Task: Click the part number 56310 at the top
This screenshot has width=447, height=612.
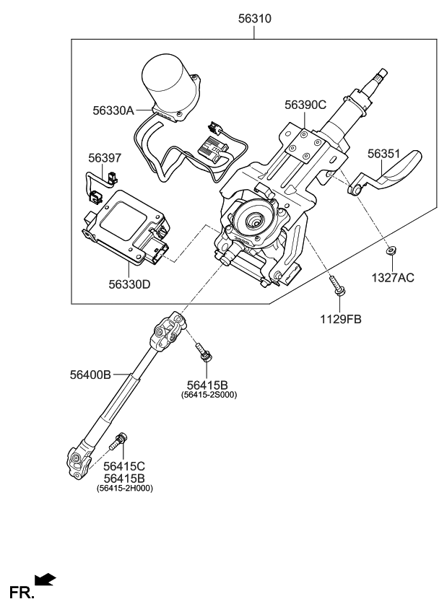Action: [x=254, y=19]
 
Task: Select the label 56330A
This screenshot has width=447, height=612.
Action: [x=113, y=110]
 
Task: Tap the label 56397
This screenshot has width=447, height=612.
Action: [x=105, y=157]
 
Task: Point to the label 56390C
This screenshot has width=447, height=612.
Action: [x=305, y=105]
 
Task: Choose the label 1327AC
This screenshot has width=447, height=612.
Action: [x=394, y=277]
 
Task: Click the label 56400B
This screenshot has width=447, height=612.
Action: [x=90, y=375]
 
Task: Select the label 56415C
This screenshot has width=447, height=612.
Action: [x=124, y=466]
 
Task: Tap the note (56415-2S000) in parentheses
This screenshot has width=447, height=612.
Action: [x=209, y=395]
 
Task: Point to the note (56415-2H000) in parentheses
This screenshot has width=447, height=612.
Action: [x=125, y=489]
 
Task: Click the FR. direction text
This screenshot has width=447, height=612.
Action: [x=21, y=593]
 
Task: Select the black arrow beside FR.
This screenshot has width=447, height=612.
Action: [x=45, y=578]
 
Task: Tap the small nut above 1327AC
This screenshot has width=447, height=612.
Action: [x=390, y=251]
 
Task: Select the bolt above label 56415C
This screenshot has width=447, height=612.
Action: [x=120, y=439]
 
